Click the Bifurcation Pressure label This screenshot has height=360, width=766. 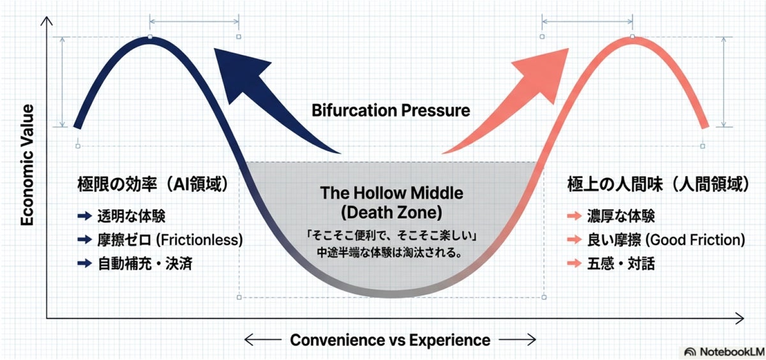click(391, 110)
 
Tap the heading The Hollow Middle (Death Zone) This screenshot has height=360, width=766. click(391, 202)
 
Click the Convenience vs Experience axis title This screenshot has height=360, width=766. click(390, 340)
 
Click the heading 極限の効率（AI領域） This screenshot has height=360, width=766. click(153, 184)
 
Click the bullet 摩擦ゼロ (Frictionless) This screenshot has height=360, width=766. click(169, 239)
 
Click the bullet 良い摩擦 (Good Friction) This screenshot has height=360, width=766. click(666, 239)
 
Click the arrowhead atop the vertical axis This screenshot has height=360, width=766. click(46, 21)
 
